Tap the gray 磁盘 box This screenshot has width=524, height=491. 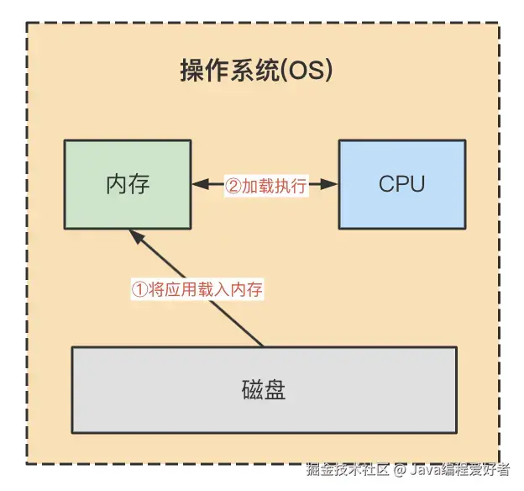tap(264, 388)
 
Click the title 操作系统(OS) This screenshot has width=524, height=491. tap(257, 71)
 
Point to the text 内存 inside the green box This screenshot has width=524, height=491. tap(128, 184)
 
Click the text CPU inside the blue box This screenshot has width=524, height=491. tap(401, 184)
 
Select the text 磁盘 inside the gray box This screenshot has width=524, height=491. tap(264, 389)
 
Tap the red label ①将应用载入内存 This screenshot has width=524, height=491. tap(197, 290)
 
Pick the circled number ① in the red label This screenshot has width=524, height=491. tap(139, 290)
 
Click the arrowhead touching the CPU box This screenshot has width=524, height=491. tap(333, 184)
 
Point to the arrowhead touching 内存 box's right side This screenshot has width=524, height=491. tap(196, 184)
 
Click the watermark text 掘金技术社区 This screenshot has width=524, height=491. tap(349, 468)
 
